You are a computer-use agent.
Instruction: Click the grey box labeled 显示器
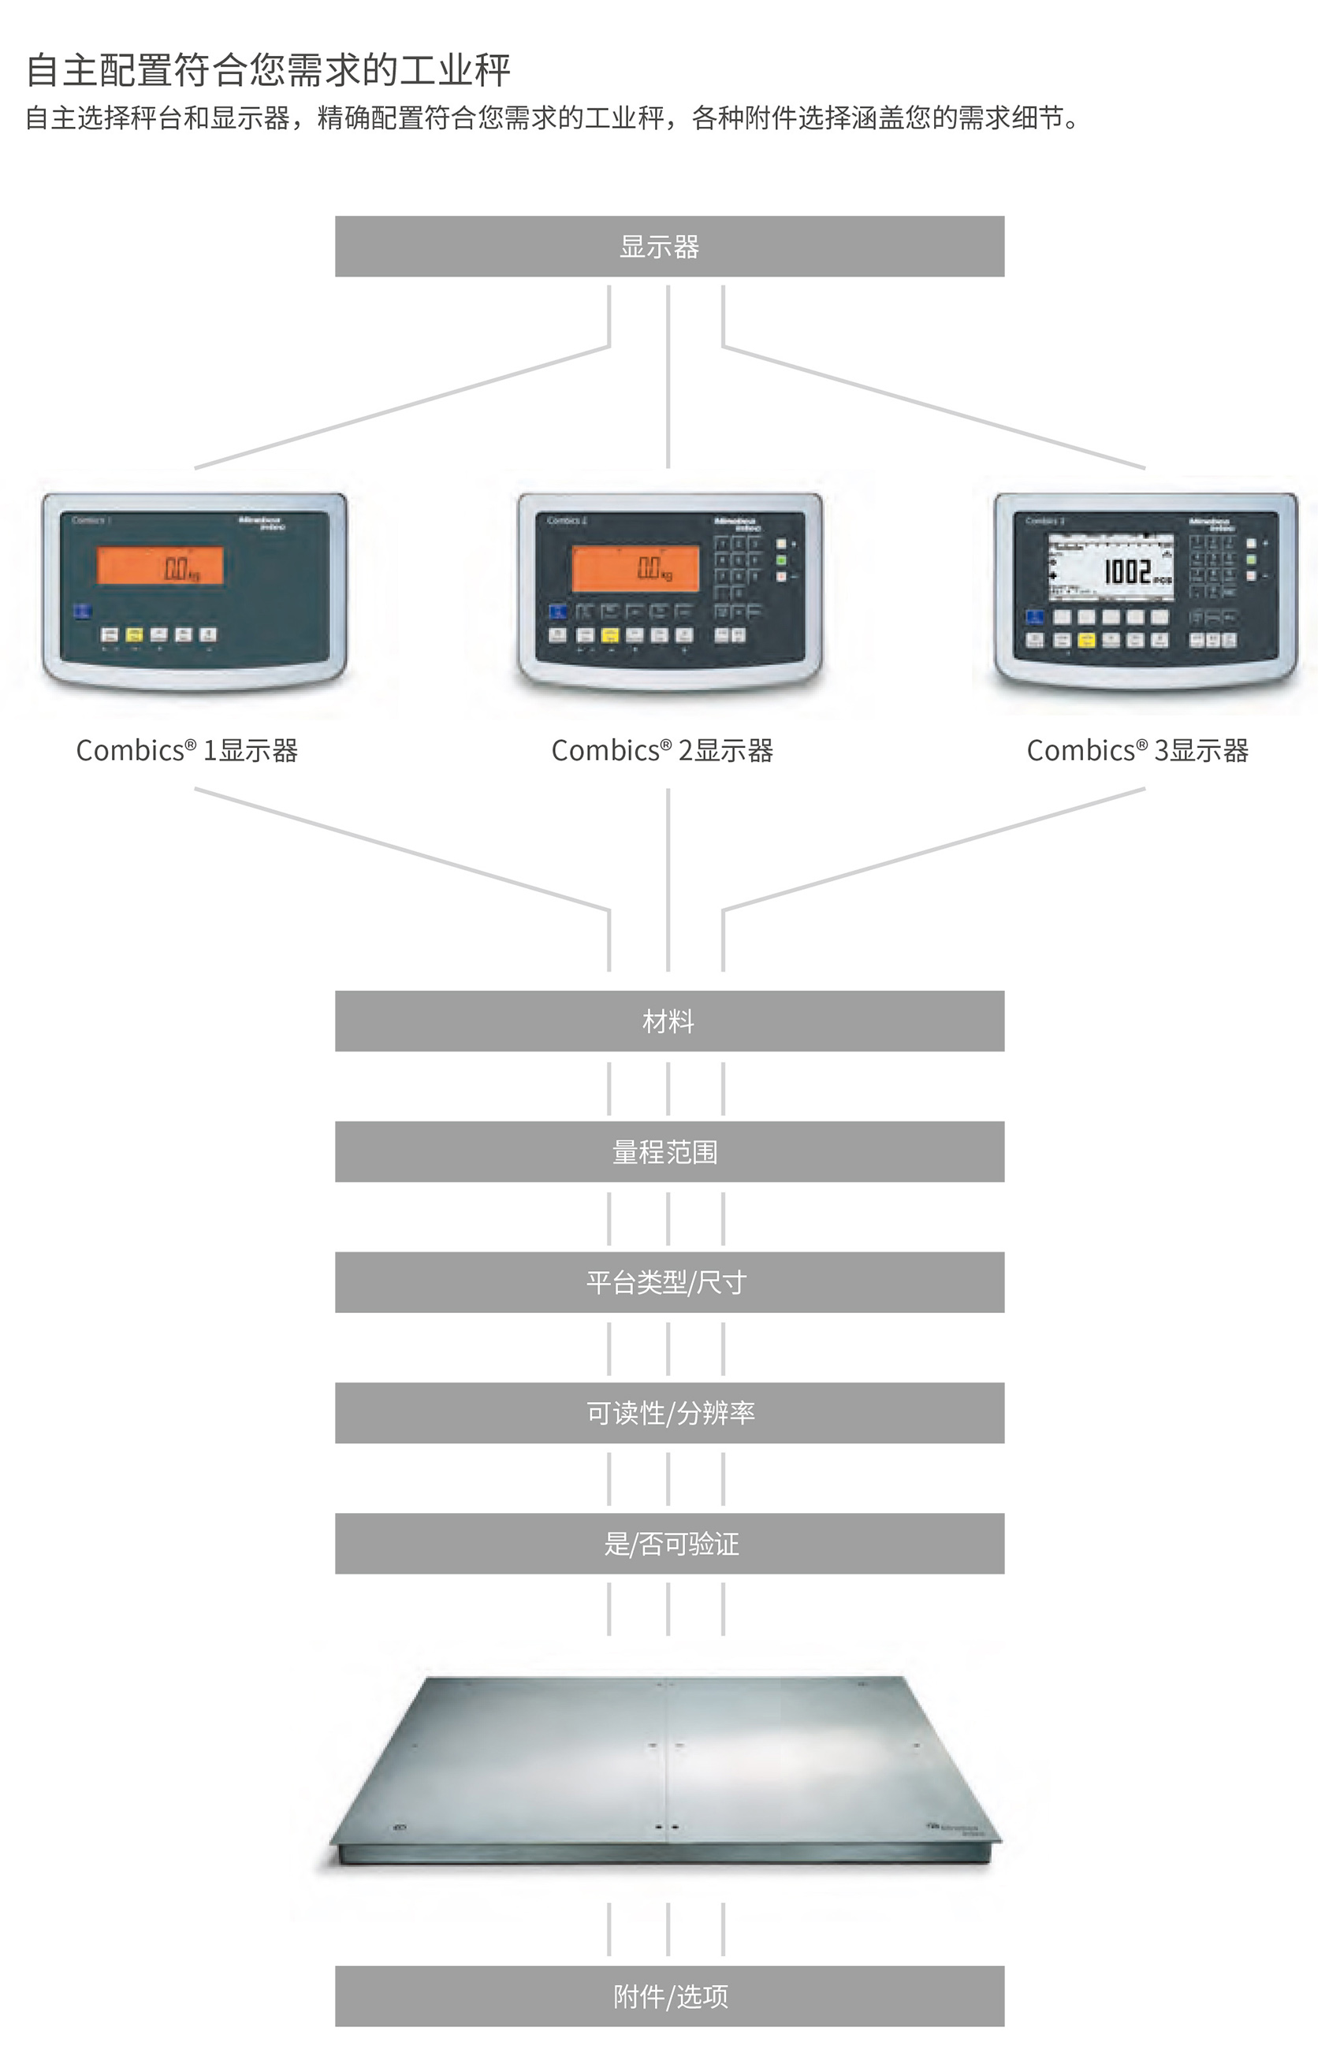pos(669,247)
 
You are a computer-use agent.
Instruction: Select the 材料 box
pos(669,1021)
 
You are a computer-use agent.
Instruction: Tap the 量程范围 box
pos(669,1151)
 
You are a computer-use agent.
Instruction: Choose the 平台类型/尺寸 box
pos(669,1282)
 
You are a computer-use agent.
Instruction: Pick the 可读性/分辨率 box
pos(669,1412)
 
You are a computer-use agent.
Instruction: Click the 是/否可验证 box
pos(669,1543)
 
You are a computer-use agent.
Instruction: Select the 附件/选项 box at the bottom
pos(669,1996)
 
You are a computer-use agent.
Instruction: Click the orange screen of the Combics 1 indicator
pos(160,566)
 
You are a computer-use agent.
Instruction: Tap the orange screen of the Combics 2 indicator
pos(636,567)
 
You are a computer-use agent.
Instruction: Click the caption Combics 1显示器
pos(187,750)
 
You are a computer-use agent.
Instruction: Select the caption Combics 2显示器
pos(662,750)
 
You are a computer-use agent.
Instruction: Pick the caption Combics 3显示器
pos(1137,750)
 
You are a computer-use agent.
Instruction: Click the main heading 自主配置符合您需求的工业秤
pos(268,70)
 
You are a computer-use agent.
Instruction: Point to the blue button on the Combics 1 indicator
pos(82,611)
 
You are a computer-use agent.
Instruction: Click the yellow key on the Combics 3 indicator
pos(1086,641)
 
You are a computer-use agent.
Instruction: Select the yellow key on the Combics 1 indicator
pos(134,634)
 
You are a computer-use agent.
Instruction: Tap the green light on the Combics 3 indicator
pos(1251,560)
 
